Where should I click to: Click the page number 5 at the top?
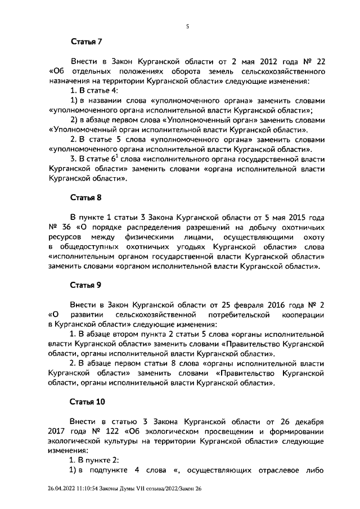click(x=187, y=26)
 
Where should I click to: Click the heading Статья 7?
click(x=85, y=42)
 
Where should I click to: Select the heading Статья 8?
click(x=85, y=197)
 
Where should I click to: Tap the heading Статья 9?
click(x=85, y=286)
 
